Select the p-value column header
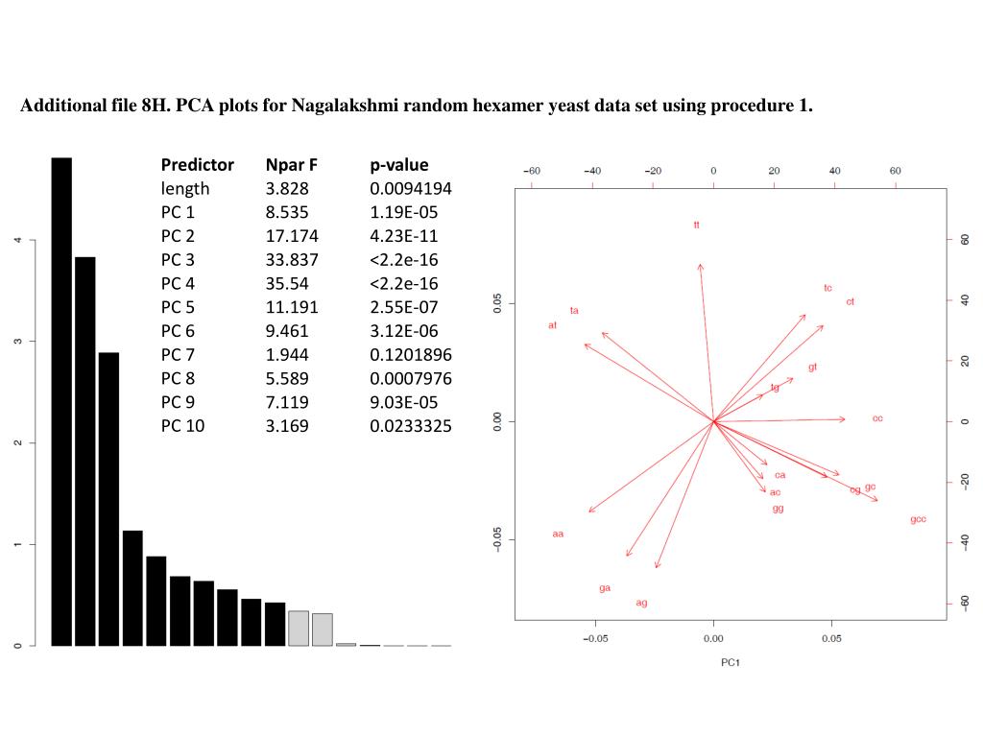(399, 165)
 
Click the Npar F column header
(292, 165)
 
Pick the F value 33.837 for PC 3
(292, 259)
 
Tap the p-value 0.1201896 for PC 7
(411, 354)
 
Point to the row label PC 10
(182, 425)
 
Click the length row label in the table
(185, 189)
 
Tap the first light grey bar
(299, 628)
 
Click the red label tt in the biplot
(697, 225)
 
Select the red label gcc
(918, 519)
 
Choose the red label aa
(558, 534)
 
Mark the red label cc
(877, 418)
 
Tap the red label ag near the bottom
(641, 603)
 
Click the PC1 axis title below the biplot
(731, 663)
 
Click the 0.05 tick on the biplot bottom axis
(831, 637)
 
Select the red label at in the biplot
(552, 325)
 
